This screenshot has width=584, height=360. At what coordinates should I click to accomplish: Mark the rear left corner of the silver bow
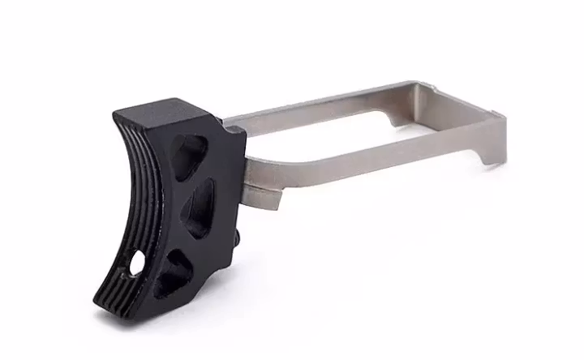coord(422,84)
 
